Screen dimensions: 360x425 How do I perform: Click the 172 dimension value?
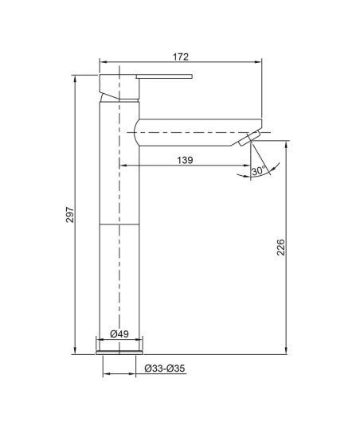[x=181, y=57]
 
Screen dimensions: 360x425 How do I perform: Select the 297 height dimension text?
[x=70, y=215]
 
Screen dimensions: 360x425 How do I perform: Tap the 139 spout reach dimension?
[x=185, y=160]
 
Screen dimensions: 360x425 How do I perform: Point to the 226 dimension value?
[x=281, y=248]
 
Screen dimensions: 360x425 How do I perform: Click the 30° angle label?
[x=258, y=171]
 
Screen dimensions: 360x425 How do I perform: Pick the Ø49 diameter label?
[x=119, y=334]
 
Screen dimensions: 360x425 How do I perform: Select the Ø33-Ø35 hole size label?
[x=165, y=368]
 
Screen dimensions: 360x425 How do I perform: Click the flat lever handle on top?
[x=164, y=76]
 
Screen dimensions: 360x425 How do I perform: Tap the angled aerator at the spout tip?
[x=249, y=138]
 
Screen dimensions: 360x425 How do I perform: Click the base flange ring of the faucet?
[x=119, y=353]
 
